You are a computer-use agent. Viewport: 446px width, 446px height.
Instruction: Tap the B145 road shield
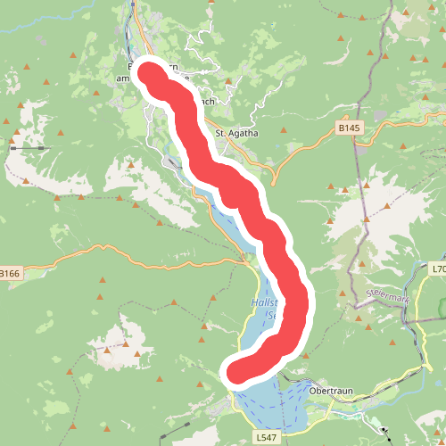[x=351, y=129]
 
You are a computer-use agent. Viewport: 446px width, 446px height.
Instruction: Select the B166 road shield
[x=9, y=273]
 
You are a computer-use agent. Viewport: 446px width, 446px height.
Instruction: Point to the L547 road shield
[x=267, y=438]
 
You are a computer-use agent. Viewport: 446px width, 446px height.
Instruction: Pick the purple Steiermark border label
[x=385, y=296]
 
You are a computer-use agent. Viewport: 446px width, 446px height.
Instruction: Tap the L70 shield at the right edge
[x=439, y=269]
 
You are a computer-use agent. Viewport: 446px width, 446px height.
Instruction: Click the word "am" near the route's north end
[x=123, y=78]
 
